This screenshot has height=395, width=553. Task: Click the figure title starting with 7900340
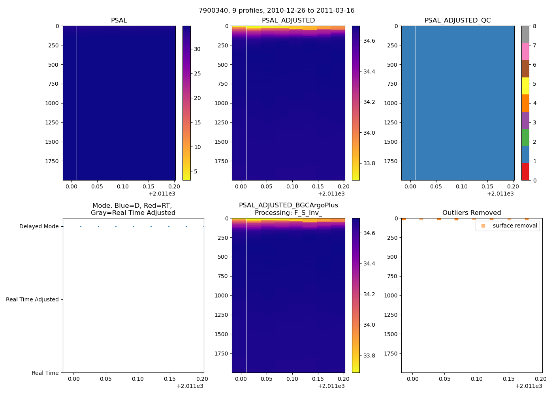coord(276,11)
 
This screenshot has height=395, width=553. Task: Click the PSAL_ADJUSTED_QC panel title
coord(457,21)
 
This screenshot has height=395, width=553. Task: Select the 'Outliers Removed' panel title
coord(472,213)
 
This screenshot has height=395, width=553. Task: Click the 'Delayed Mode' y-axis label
coord(39,226)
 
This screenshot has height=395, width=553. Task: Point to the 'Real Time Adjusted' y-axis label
coord(32,299)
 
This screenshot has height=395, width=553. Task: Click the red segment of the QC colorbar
coord(525,172)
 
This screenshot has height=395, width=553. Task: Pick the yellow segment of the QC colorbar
coord(525,86)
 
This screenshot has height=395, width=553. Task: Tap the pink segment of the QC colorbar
coord(525,52)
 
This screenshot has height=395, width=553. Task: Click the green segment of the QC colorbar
coord(525,137)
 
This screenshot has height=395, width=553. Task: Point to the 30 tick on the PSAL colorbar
coord(197,49)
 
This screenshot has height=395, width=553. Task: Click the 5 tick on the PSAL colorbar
coord(196,171)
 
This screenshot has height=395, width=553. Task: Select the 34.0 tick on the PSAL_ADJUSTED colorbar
coord(369,133)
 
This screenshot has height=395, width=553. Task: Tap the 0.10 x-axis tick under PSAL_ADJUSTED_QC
coord(461,186)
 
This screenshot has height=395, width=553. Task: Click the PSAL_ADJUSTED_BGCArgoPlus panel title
coord(288,209)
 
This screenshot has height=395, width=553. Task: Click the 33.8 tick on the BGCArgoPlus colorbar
coord(369,355)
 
